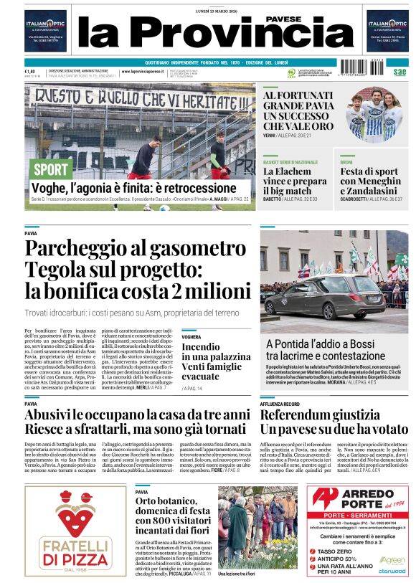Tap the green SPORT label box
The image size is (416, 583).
(x=52, y=169)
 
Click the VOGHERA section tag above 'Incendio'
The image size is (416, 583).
(x=192, y=336)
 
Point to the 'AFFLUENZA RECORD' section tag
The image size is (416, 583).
(x=279, y=404)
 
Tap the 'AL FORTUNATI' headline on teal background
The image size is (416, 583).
(x=298, y=110)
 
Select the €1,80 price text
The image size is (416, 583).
(x=30, y=71)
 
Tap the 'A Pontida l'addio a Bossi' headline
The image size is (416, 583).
(x=320, y=349)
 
